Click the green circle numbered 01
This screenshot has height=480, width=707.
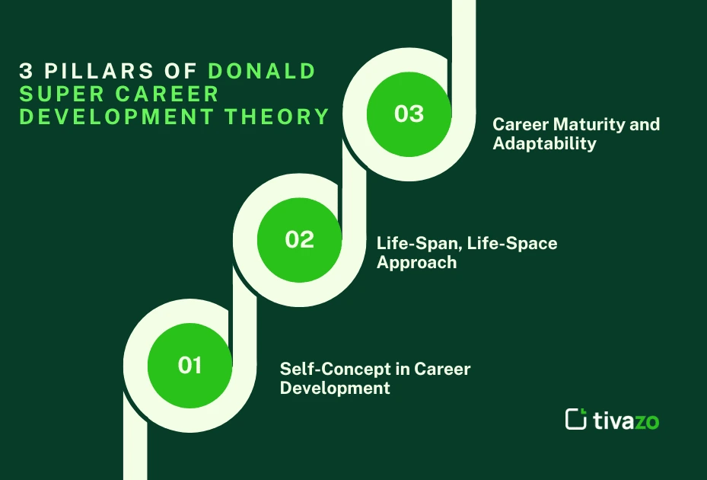(x=189, y=365)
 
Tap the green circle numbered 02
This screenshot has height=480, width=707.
(x=299, y=239)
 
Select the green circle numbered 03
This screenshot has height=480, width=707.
(x=409, y=114)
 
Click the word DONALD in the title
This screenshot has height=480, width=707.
(x=262, y=72)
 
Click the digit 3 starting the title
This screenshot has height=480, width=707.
(x=26, y=72)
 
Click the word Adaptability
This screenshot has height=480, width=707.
(x=544, y=143)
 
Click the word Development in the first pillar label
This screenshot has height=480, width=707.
(x=335, y=388)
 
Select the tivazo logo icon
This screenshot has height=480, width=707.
(x=576, y=418)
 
